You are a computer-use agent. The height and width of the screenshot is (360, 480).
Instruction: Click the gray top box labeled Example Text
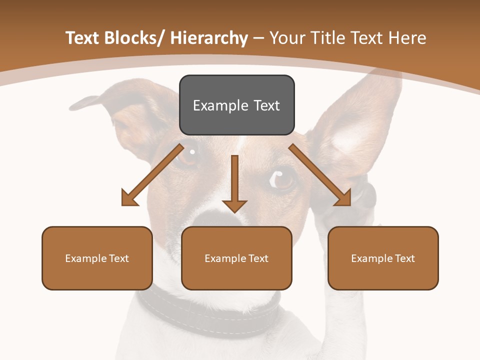coord(236,105)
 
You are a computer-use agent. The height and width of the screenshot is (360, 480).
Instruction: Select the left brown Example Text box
coord(97,258)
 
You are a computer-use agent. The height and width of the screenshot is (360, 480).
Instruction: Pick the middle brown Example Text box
coord(236,258)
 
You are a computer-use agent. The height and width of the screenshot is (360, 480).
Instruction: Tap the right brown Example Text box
coord(383,258)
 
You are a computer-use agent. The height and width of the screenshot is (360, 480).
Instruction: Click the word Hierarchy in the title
coord(209,38)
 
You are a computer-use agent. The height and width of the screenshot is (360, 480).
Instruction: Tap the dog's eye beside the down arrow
coord(282,177)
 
